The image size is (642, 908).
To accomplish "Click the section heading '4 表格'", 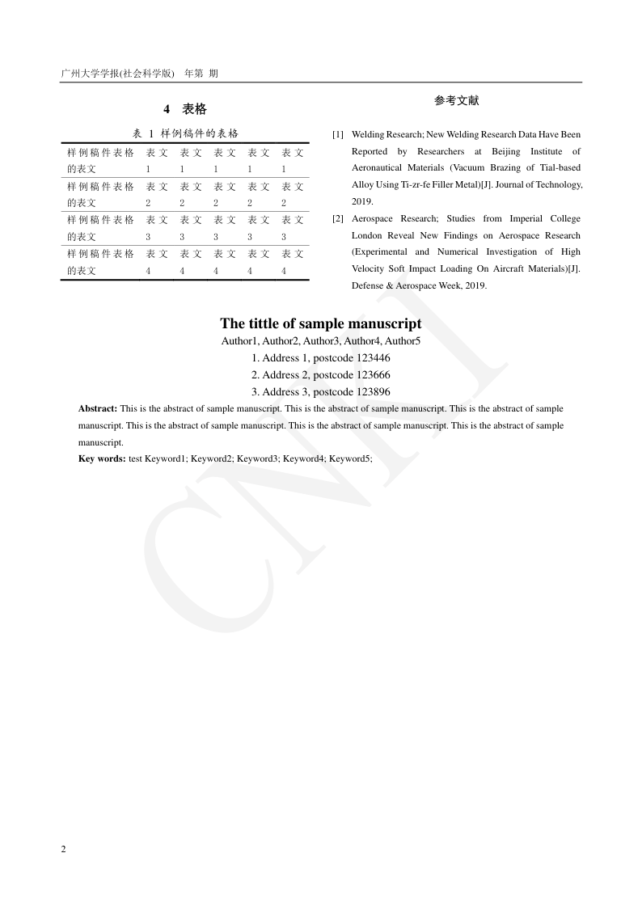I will click(x=184, y=109).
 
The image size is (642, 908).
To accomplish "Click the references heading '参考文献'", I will click(x=456, y=100).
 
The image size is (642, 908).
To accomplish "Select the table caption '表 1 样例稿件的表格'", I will click(x=184, y=133).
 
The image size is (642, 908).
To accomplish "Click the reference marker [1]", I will click(x=338, y=134).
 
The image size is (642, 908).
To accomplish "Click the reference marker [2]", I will click(x=338, y=219).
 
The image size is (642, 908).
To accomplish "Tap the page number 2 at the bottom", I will click(x=63, y=848).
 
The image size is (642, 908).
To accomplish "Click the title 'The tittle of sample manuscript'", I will click(x=320, y=323).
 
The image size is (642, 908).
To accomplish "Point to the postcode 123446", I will click(x=374, y=358).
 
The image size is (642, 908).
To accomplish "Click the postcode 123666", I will click(x=374, y=375).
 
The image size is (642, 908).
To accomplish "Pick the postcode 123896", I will click(x=374, y=392).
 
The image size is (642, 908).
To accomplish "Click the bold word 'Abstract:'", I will click(x=98, y=409).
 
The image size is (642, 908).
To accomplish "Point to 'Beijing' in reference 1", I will click(x=505, y=151).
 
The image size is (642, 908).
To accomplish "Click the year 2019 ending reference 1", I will click(x=361, y=201).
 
